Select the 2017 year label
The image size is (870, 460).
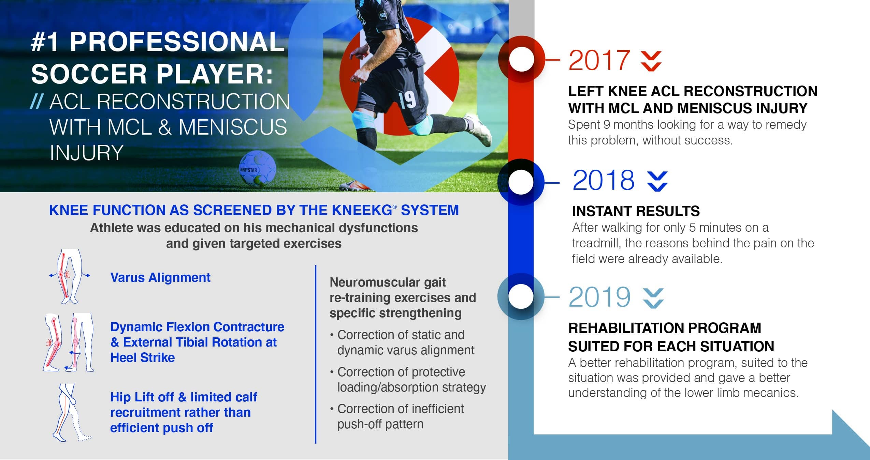(599, 60)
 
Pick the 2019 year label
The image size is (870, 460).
(599, 297)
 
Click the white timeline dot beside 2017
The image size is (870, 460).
(521, 59)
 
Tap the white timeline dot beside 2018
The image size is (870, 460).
(521, 182)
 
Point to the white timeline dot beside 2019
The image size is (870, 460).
(521, 296)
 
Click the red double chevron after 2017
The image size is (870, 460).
(651, 61)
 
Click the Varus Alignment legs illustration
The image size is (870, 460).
(69, 276)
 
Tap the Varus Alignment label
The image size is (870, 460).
(160, 277)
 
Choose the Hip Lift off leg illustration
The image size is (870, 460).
(72, 412)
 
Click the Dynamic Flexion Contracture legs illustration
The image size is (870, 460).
(69, 342)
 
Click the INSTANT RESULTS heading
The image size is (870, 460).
(636, 211)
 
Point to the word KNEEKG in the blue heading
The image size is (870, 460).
(362, 210)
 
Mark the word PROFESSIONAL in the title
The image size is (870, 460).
(177, 42)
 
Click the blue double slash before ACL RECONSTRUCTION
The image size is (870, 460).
(37, 102)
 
